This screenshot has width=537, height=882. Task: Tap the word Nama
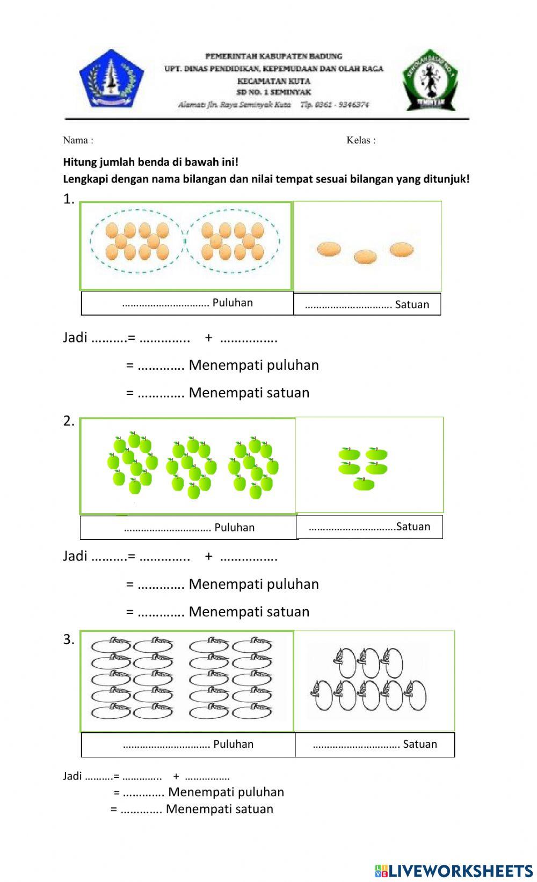[x=75, y=141]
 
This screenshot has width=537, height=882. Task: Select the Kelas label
[x=358, y=141]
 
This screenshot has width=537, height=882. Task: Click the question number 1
[x=69, y=199]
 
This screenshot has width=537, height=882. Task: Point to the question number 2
[x=69, y=421]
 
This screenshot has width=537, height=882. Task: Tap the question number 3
[x=69, y=639]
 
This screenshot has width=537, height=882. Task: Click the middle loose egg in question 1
[x=365, y=257]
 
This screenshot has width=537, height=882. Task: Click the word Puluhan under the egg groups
[x=233, y=303]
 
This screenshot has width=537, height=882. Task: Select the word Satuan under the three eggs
[x=412, y=305]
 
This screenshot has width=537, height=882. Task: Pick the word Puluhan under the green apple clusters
[x=234, y=528]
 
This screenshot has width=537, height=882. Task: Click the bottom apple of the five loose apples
[x=364, y=484]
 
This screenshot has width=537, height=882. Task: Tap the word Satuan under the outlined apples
[x=420, y=744]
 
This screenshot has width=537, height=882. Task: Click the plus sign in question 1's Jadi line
[x=208, y=338]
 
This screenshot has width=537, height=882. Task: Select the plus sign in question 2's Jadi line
[x=208, y=556]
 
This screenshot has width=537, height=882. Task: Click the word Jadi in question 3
[x=72, y=776]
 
